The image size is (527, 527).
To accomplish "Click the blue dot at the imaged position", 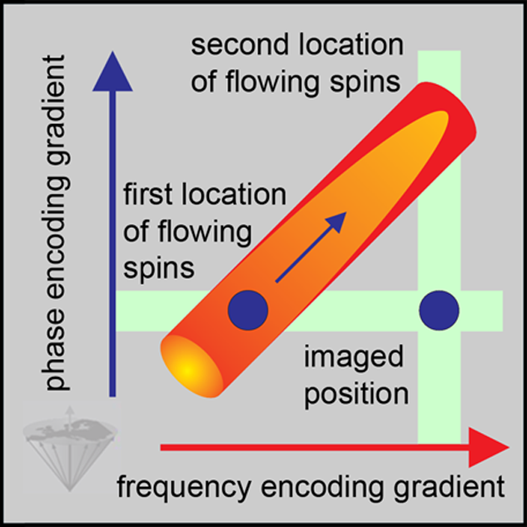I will tap(439, 311).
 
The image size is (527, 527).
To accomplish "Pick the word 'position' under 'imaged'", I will tap(355, 392).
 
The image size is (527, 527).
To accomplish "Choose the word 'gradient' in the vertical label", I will tap(58, 96).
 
